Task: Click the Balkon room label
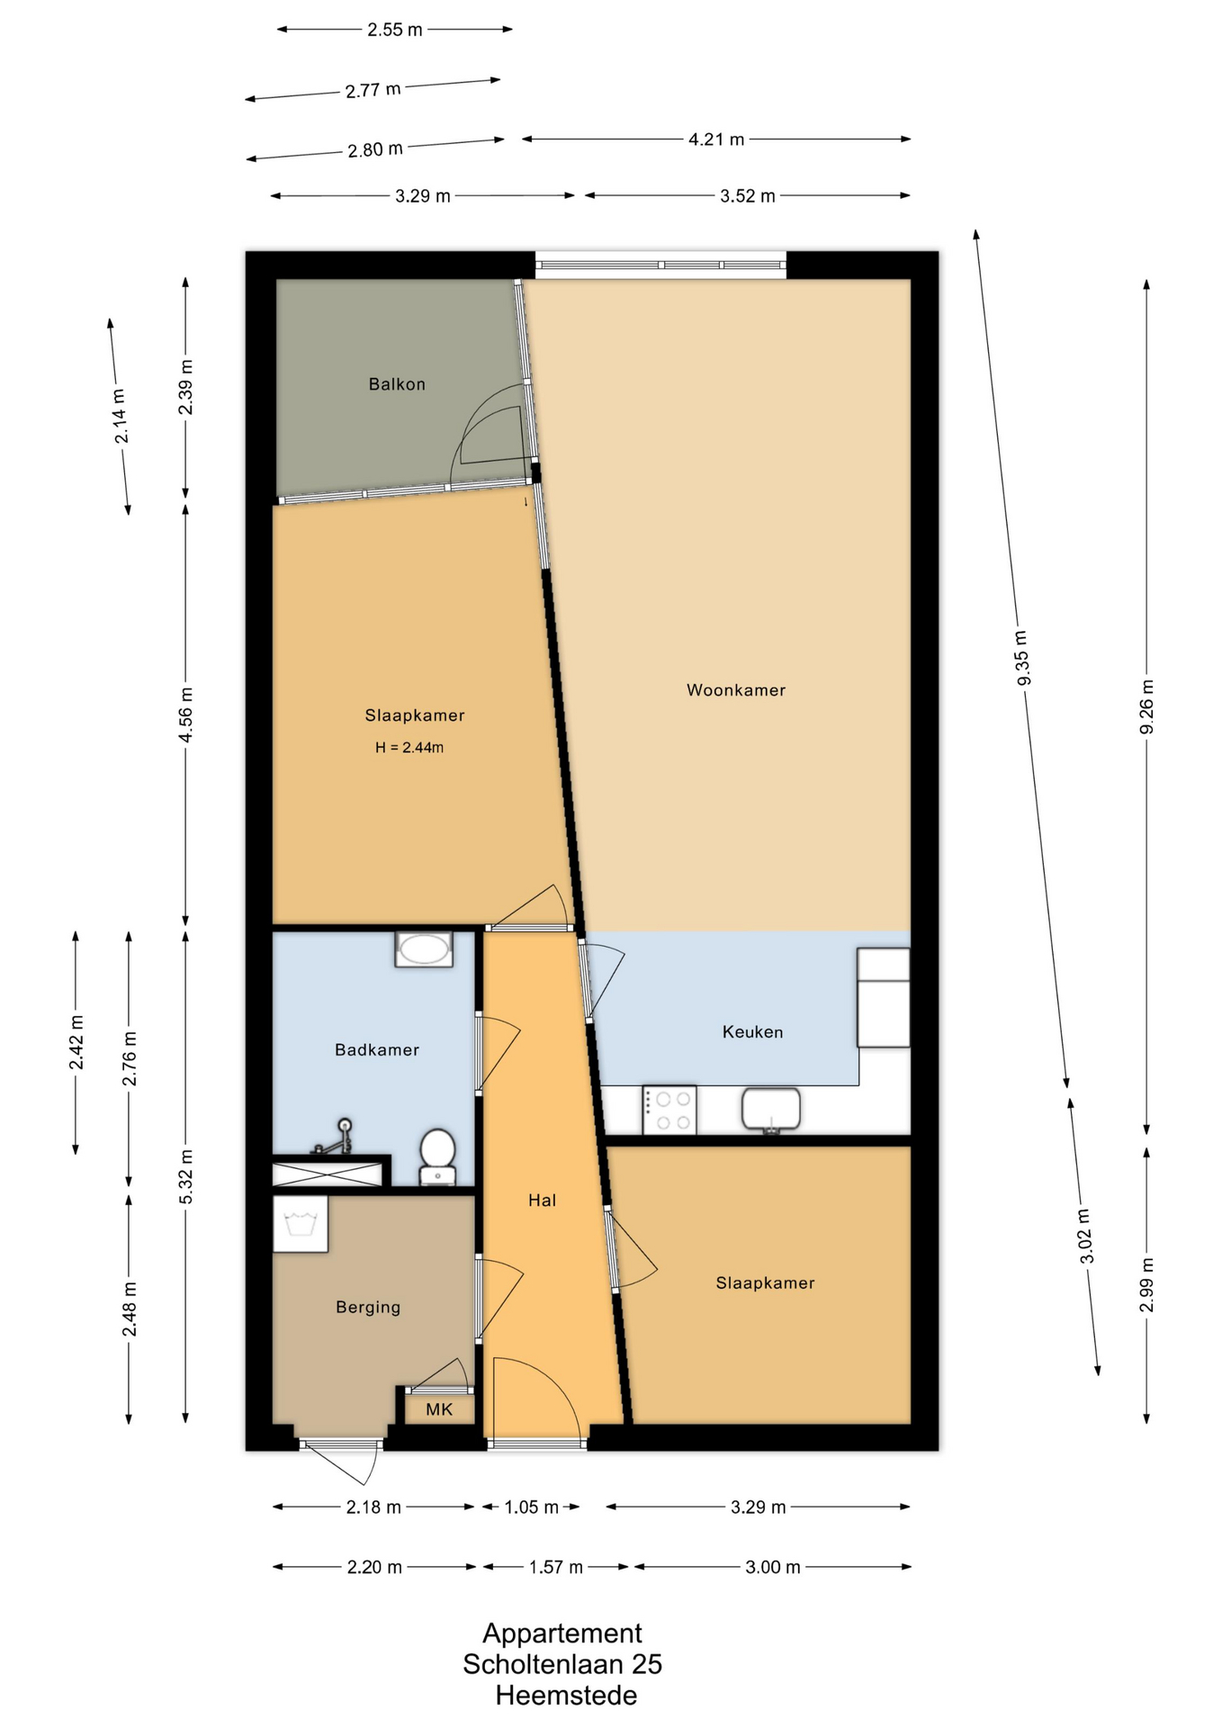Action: pos(397,384)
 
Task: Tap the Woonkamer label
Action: pos(736,690)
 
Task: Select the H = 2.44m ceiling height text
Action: pos(409,747)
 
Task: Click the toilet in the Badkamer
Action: pos(438,1156)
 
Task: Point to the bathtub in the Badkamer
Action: pos(424,949)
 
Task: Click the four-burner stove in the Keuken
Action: pos(669,1111)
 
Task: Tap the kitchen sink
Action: pos(771,1110)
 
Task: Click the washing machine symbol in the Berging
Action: pos(300,1224)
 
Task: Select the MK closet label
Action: pos(439,1409)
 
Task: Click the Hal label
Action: pos(543,1200)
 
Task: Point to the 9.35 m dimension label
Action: pos(1021,657)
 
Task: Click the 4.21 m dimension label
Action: pos(716,139)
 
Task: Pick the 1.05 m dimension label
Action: pos(531,1507)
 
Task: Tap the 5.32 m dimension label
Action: pos(186,1177)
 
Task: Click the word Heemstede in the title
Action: pos(566,1696)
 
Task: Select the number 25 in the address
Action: pos(647,1664)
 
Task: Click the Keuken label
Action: pos(752,1032)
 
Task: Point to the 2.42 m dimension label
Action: pos(76,1042)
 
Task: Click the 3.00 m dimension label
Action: pos(773,1567)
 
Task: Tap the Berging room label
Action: pos(368,1307)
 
